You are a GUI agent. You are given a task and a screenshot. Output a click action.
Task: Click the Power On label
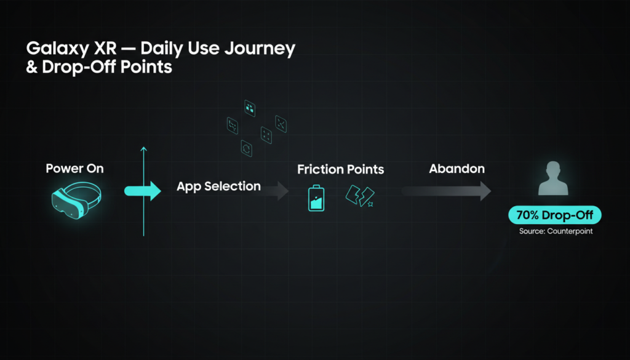pos(74,169)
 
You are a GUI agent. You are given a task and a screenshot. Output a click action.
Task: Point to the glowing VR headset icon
pos(76,199)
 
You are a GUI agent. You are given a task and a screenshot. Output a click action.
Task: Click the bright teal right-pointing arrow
pos(143,191)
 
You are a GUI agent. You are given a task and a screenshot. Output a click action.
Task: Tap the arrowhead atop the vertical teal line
pos(144,149)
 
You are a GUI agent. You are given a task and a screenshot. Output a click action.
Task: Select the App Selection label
pos(218,186)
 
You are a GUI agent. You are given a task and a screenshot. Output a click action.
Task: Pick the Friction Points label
pos(341,170)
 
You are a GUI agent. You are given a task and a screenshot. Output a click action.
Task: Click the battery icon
pos(316,198)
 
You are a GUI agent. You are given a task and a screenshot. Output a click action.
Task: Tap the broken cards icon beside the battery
pos(360,196)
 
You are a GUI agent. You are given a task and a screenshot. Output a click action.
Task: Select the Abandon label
pos(457,169)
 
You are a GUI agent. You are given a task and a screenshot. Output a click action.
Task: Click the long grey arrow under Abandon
pos(446,191)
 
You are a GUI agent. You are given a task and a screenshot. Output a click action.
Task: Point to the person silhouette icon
pos(553,178)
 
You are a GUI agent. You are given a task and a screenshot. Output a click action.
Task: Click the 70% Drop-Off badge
pos(555,215)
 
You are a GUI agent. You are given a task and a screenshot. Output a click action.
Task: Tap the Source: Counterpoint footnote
pos(556,231)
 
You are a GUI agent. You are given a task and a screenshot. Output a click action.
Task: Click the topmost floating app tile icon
pos(250,108)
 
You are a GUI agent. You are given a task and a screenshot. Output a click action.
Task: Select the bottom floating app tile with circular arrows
pos(246,148)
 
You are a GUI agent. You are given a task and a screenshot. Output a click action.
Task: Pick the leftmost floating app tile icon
pos(232,126)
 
